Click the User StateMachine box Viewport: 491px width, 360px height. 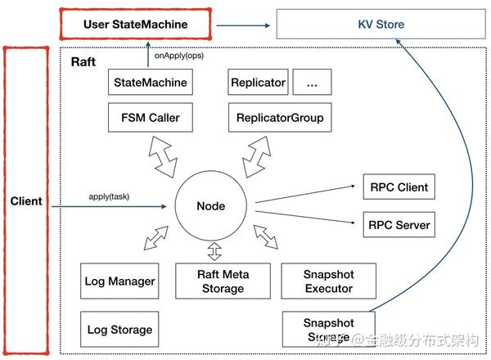click(x=135, y=25)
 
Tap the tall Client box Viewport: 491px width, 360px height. click(x=26, y=200)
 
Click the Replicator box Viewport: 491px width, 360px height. click(x=258, y=83)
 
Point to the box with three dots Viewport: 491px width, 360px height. click(x=310, y=83)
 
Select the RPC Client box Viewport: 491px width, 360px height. click(x=397, y=187)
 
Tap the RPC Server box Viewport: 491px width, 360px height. click(x=397, y=224)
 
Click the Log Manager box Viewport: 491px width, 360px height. click(x=119, y=281)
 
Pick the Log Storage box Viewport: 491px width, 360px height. click(x=119, y=330)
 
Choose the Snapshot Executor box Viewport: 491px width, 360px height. click(x=329, y=281)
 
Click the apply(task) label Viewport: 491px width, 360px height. click(x=109, y=197)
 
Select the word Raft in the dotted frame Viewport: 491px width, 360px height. click(x=84, y=62)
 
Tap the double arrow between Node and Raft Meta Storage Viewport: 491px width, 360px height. click(x=214, y=248)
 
